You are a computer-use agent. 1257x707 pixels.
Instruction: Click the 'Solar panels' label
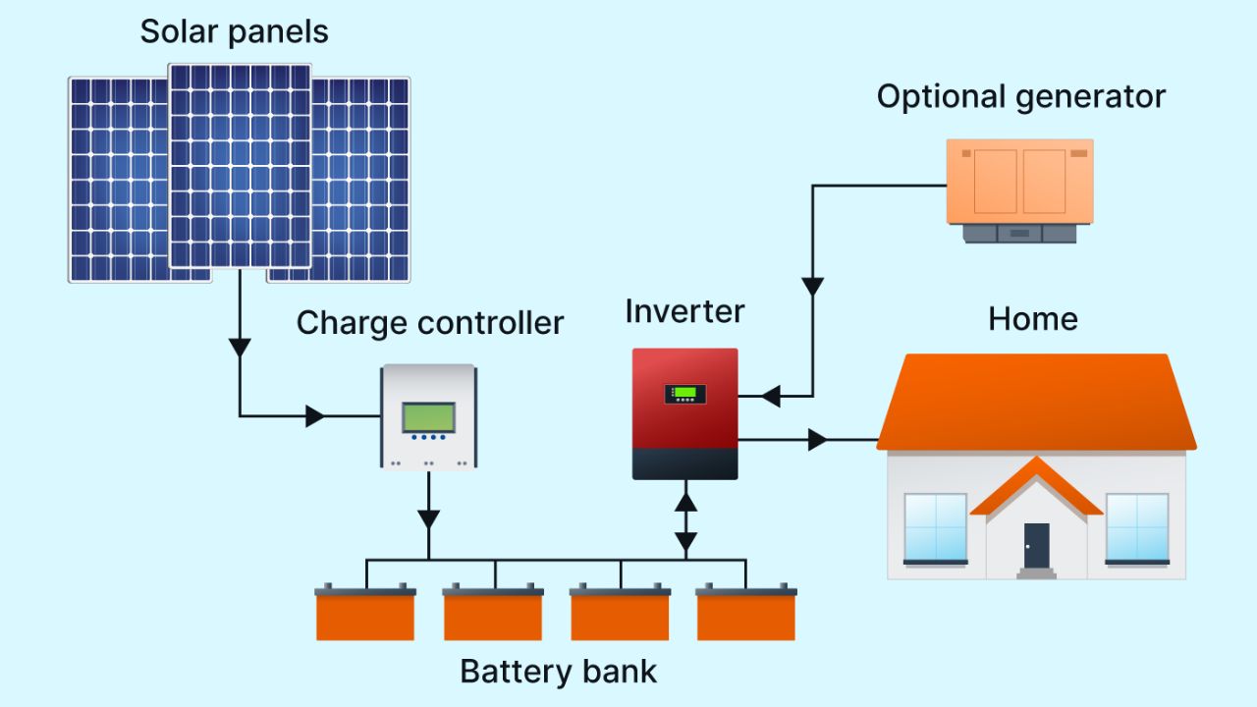234,31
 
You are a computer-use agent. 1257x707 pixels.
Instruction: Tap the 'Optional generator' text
1020,96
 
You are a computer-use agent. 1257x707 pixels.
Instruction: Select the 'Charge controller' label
430,322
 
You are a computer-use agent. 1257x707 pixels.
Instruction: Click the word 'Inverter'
684,311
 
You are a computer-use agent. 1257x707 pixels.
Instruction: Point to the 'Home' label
1032,319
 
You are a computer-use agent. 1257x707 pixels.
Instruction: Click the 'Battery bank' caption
558,672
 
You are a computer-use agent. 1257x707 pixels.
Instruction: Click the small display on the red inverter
684,394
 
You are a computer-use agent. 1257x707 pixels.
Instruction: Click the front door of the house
1036,545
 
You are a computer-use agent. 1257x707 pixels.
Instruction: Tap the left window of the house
935,527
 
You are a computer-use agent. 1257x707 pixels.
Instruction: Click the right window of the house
1137,527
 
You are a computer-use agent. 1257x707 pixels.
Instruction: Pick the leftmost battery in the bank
365,614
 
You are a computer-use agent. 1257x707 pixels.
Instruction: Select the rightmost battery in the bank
746,614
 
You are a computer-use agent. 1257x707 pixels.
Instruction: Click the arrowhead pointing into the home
817,440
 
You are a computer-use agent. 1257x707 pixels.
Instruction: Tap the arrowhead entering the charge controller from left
314,416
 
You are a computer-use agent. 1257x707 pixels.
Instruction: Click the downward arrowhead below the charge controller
428,519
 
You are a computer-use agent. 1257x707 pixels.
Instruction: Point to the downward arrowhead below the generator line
812,288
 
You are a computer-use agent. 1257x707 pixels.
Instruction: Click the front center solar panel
240,165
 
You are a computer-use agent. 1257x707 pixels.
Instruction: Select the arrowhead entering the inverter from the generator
771,397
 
